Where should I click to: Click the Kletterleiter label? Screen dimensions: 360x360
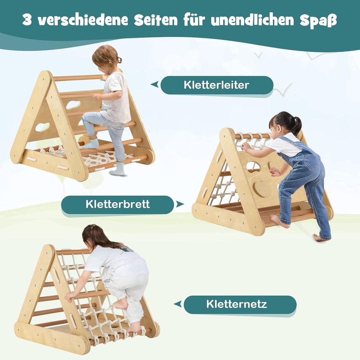click(216, 85)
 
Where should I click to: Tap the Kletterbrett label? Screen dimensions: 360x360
click(118, 204)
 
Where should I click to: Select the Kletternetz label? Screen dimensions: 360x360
click(236, 304)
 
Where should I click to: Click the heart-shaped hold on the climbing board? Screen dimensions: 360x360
click(263, 189)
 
